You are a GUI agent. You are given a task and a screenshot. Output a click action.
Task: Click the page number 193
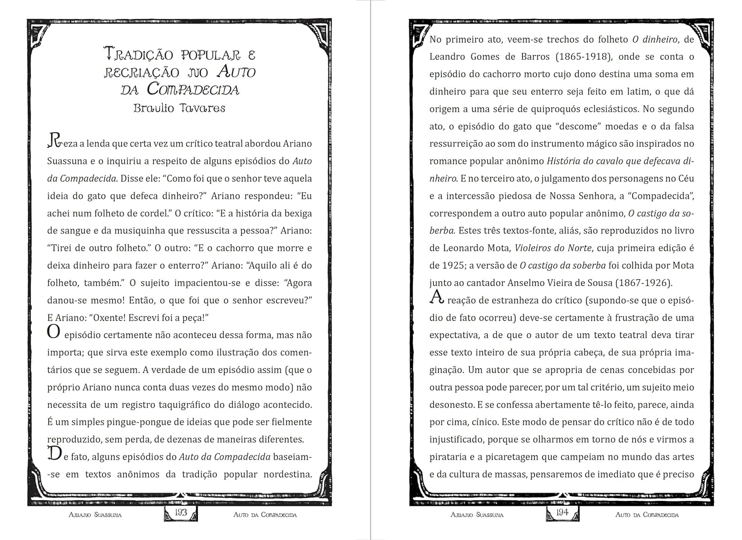(x=181, y=512)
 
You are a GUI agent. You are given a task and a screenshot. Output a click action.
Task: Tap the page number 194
(x=562, y=512)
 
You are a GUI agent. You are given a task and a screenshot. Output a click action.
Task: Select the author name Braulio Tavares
(x=179, y=108)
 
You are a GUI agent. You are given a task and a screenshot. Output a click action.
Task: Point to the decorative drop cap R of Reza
(x=54, y=141)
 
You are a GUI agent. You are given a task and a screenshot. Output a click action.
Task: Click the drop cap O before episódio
(x=53, y=331)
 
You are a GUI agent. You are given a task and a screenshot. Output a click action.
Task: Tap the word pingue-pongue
(x=150, y=422)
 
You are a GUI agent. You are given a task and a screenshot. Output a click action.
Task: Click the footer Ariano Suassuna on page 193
(x=95, y=515)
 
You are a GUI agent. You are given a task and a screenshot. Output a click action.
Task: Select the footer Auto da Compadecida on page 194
(x=647, y=515)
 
